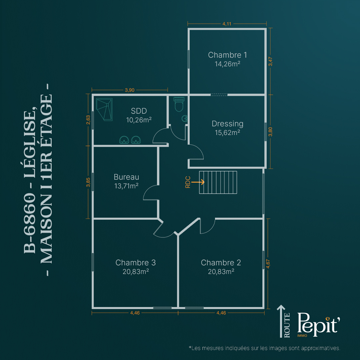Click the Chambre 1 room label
227,55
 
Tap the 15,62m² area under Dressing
227,133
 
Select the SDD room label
139,111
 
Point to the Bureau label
126,177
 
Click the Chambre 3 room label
135,263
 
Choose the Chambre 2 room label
221,263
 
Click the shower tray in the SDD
104,110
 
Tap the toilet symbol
179,104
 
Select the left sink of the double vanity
124,140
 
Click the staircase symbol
218,183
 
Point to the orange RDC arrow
198,182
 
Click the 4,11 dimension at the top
227,24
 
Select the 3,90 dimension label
130,90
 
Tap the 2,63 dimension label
88,120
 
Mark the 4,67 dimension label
268,264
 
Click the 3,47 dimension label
270,62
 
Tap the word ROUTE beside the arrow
287,325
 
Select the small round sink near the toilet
184,118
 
